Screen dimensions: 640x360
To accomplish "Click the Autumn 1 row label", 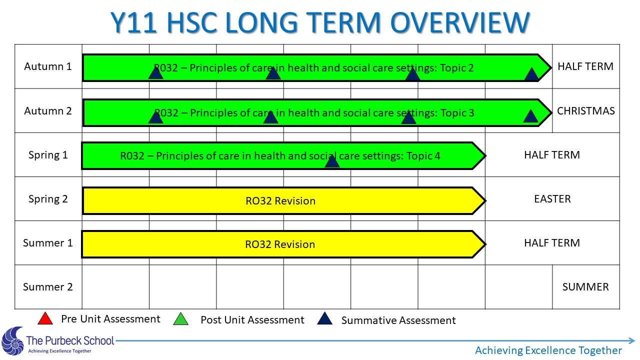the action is pyautogui.click(x=48, y=66).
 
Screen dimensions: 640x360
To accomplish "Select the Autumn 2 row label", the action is pyautogui.click(x=48, y=111).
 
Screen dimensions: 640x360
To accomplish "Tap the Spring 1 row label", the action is pyautogui.click(x=48, y=155).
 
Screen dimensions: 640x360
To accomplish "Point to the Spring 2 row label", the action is pyautogui.click(x=48, y=199).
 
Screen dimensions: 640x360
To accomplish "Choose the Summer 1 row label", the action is pyautogui.click(x=48, y=243).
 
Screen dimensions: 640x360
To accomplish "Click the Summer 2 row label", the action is pyautogui.click(x=48, y=287).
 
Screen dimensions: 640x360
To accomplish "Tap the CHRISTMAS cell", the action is pyautogui.click(x=585, y=111).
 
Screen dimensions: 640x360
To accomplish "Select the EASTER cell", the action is pyautogui.click(x=552, y=199).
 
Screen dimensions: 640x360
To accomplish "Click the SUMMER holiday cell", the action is pyautogui.click(x=585, y=287).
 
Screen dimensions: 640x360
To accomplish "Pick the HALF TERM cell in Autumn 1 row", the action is pyautogui.click(x=585, y=66).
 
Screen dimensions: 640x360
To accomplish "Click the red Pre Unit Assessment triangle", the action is pyautogui.click(x=45, y=319).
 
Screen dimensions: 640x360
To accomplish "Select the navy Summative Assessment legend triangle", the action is pyautogui.click(x=324, y=319).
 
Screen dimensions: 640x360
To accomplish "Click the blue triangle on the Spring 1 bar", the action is pyautogui.click(x=332, y=162).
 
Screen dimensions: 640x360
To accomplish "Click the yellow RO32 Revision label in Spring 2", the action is pyautogui.click(x=280, y=201).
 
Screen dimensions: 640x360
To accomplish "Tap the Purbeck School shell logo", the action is pyautogui.click(x=12, y=341).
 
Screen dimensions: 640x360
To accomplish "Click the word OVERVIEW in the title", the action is pyautogui.click(x=460, y=22).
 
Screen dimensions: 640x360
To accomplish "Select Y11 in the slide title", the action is pyautogui.click(x=133, y=22).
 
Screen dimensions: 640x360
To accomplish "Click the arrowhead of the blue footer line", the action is pyautogui.click(x=632, y=340).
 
